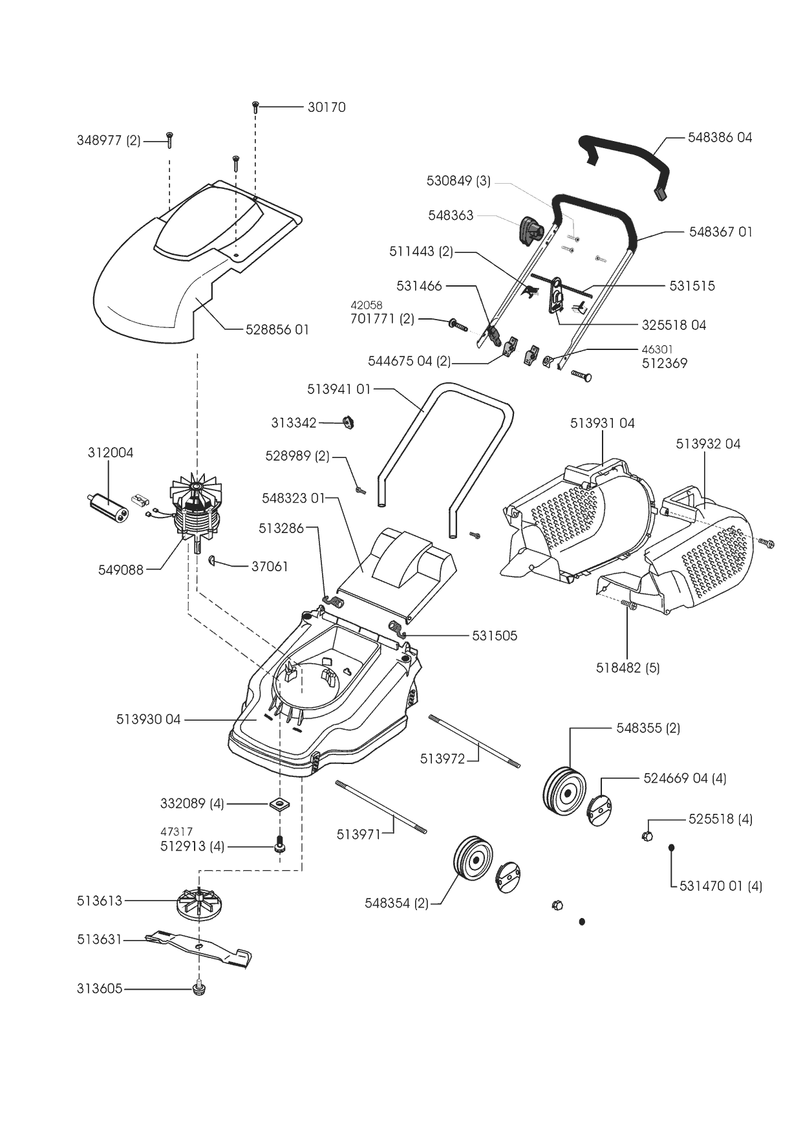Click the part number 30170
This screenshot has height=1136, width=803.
(327, 107)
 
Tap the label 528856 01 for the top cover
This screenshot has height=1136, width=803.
(277, 329)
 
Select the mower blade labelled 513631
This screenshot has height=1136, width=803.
(198, 948)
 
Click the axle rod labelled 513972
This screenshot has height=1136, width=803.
(474, 741)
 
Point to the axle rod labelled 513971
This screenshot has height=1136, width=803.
(381, 808)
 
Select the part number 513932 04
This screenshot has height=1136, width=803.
(708, 444)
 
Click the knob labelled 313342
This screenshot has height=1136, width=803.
(350, 423)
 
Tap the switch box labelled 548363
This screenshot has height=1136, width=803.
(531, 230)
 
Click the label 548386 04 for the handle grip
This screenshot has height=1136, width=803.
(720, 137)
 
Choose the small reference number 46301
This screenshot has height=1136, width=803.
(657, 349)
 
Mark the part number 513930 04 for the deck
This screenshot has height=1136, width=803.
(148, 719)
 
